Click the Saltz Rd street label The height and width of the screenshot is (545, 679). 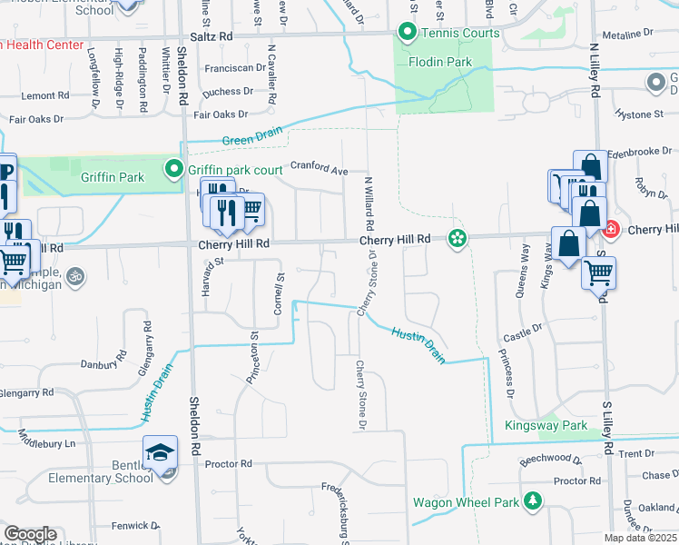pyautogui.click(x=212, y=37)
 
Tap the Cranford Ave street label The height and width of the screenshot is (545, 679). pyautogui.click(x=320, y=168)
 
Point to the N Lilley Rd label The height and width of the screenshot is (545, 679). pyautogui.click(x=596, y=74)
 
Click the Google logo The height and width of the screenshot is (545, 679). pyautogui.click(x=29, y=534)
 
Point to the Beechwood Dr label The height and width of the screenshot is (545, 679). pyautogui.click(x=550, y=459)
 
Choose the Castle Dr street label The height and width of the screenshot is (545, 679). pyautogui.click(x=522, y=336)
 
